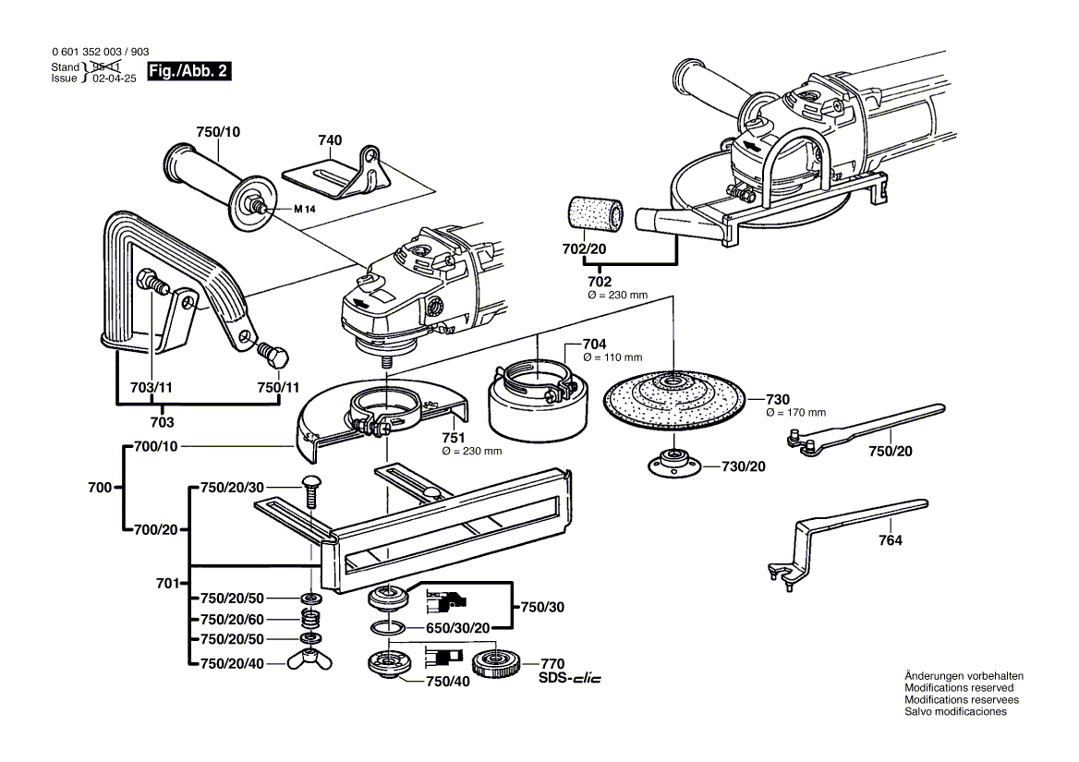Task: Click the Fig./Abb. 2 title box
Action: [189, 71]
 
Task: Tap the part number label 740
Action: [330, 140]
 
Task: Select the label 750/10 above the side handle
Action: [217, 132]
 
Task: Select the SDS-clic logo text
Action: [569, 679]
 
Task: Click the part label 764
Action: [890, 541]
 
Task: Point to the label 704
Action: [594, 344]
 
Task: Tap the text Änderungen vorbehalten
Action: [964, 676]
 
